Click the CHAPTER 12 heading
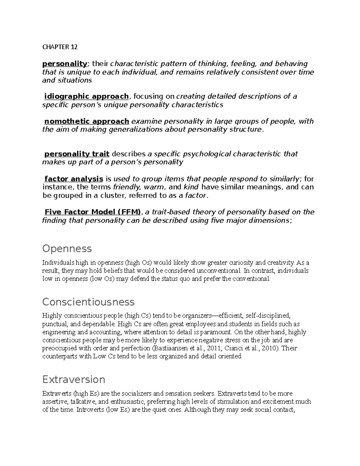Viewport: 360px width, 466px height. coord(60,47)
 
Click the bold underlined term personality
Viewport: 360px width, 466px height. coord(64,64)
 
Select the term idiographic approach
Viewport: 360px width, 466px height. coord(86,96)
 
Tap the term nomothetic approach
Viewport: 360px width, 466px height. coord(87,121)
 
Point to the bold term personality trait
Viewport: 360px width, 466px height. coord(76,154)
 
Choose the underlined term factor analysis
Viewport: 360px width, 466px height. coord(73,179)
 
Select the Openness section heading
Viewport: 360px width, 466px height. coord(67,249)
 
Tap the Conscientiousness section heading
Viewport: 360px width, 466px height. coord(88,302)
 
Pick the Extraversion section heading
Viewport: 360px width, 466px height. coord(73,380)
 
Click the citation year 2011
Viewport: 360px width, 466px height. coord(205,348)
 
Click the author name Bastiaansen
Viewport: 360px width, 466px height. coord(170,348)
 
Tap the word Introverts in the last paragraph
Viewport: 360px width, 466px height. coord(90,410)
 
